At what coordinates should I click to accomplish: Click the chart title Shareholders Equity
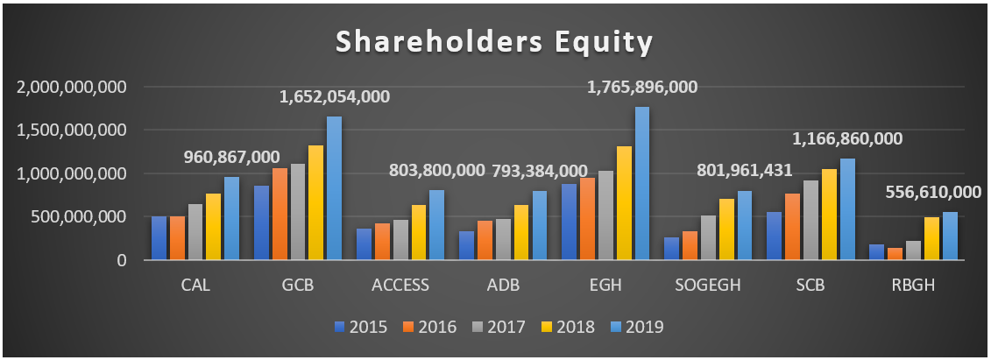coord(495,42)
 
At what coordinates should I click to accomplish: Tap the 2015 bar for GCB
coord(261,222)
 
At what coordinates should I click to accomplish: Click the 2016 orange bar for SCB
coord(793,227)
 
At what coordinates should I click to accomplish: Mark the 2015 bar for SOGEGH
coord(672,249)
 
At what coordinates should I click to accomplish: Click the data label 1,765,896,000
coord(642,88)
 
